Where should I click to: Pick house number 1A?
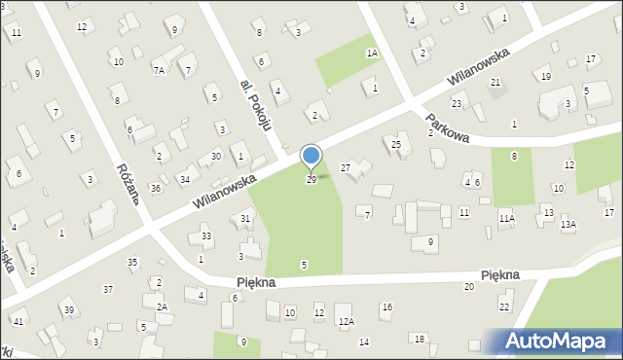[x=372, y=54]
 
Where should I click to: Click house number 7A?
[x=159, y=70]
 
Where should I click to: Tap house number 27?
[x=346, y=168]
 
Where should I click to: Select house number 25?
[x=395, y=145]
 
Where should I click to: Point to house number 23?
[x=456, y=103]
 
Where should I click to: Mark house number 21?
[x=495, y=83]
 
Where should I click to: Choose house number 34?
[x=184, y=179]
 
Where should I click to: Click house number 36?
[x=155, y=188]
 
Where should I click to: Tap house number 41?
[x=18, y=321]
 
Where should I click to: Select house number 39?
[x=68, y=310]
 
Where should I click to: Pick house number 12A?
[x=346, y=321]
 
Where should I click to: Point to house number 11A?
[x=506, y=219]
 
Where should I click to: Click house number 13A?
[x=568, y=225]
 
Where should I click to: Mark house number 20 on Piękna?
[x=468, y=286]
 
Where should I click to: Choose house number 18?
[x=419, y=339]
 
